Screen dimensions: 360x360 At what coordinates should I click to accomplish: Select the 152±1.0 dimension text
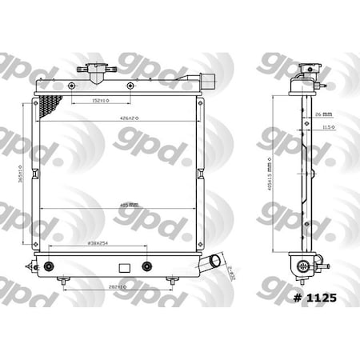click(x=101, y=101)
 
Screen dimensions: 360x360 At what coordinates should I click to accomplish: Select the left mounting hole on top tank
click(x=74, y=86)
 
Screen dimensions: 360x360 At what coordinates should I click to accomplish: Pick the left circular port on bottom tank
click(x=51, y=266)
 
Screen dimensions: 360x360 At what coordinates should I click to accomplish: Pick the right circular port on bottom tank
click(x=146, y=266)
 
